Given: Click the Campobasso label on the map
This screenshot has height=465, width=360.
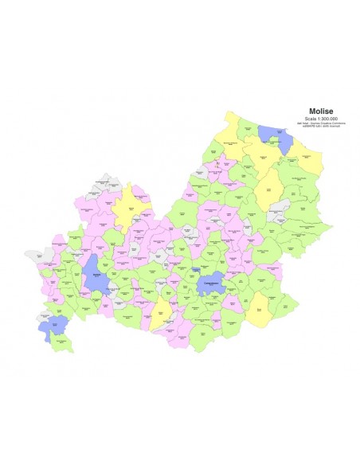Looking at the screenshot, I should click(210, 283).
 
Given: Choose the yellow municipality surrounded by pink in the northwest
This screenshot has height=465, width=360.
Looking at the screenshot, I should click(127, 209).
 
